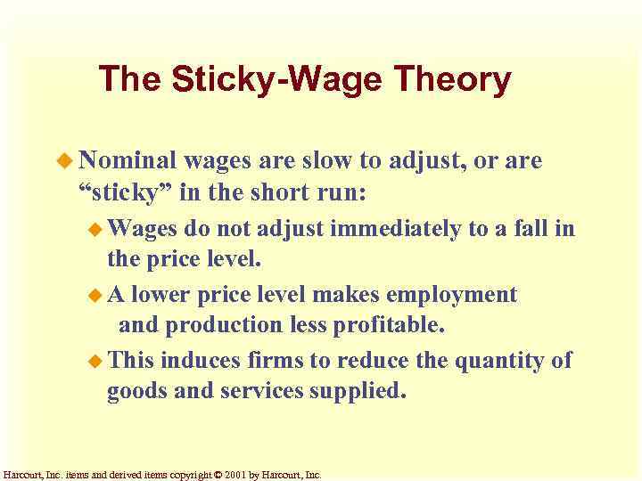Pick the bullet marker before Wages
[97, 230]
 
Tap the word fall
[535, 230]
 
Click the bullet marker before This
[97, 361]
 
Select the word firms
[270, 360]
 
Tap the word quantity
[499, 360]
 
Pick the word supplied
[360, 391]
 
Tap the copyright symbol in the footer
[219, 475]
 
